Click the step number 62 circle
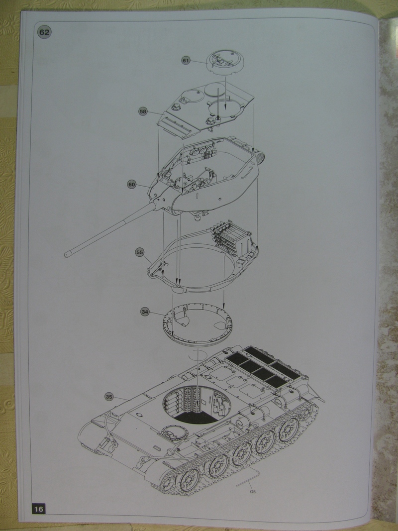point(44,32)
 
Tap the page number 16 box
point(39,509)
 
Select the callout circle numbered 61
point(186,60)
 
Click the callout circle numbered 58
point(143,111)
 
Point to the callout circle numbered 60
point(132,185)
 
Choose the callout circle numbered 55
point(139,252)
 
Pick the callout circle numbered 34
point(145,312)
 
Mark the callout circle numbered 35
point(109,397)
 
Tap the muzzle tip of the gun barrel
point(67,254)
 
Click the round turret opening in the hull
point(198,405)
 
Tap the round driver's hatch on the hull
point(175,432)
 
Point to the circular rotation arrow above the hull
point(198,356)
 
